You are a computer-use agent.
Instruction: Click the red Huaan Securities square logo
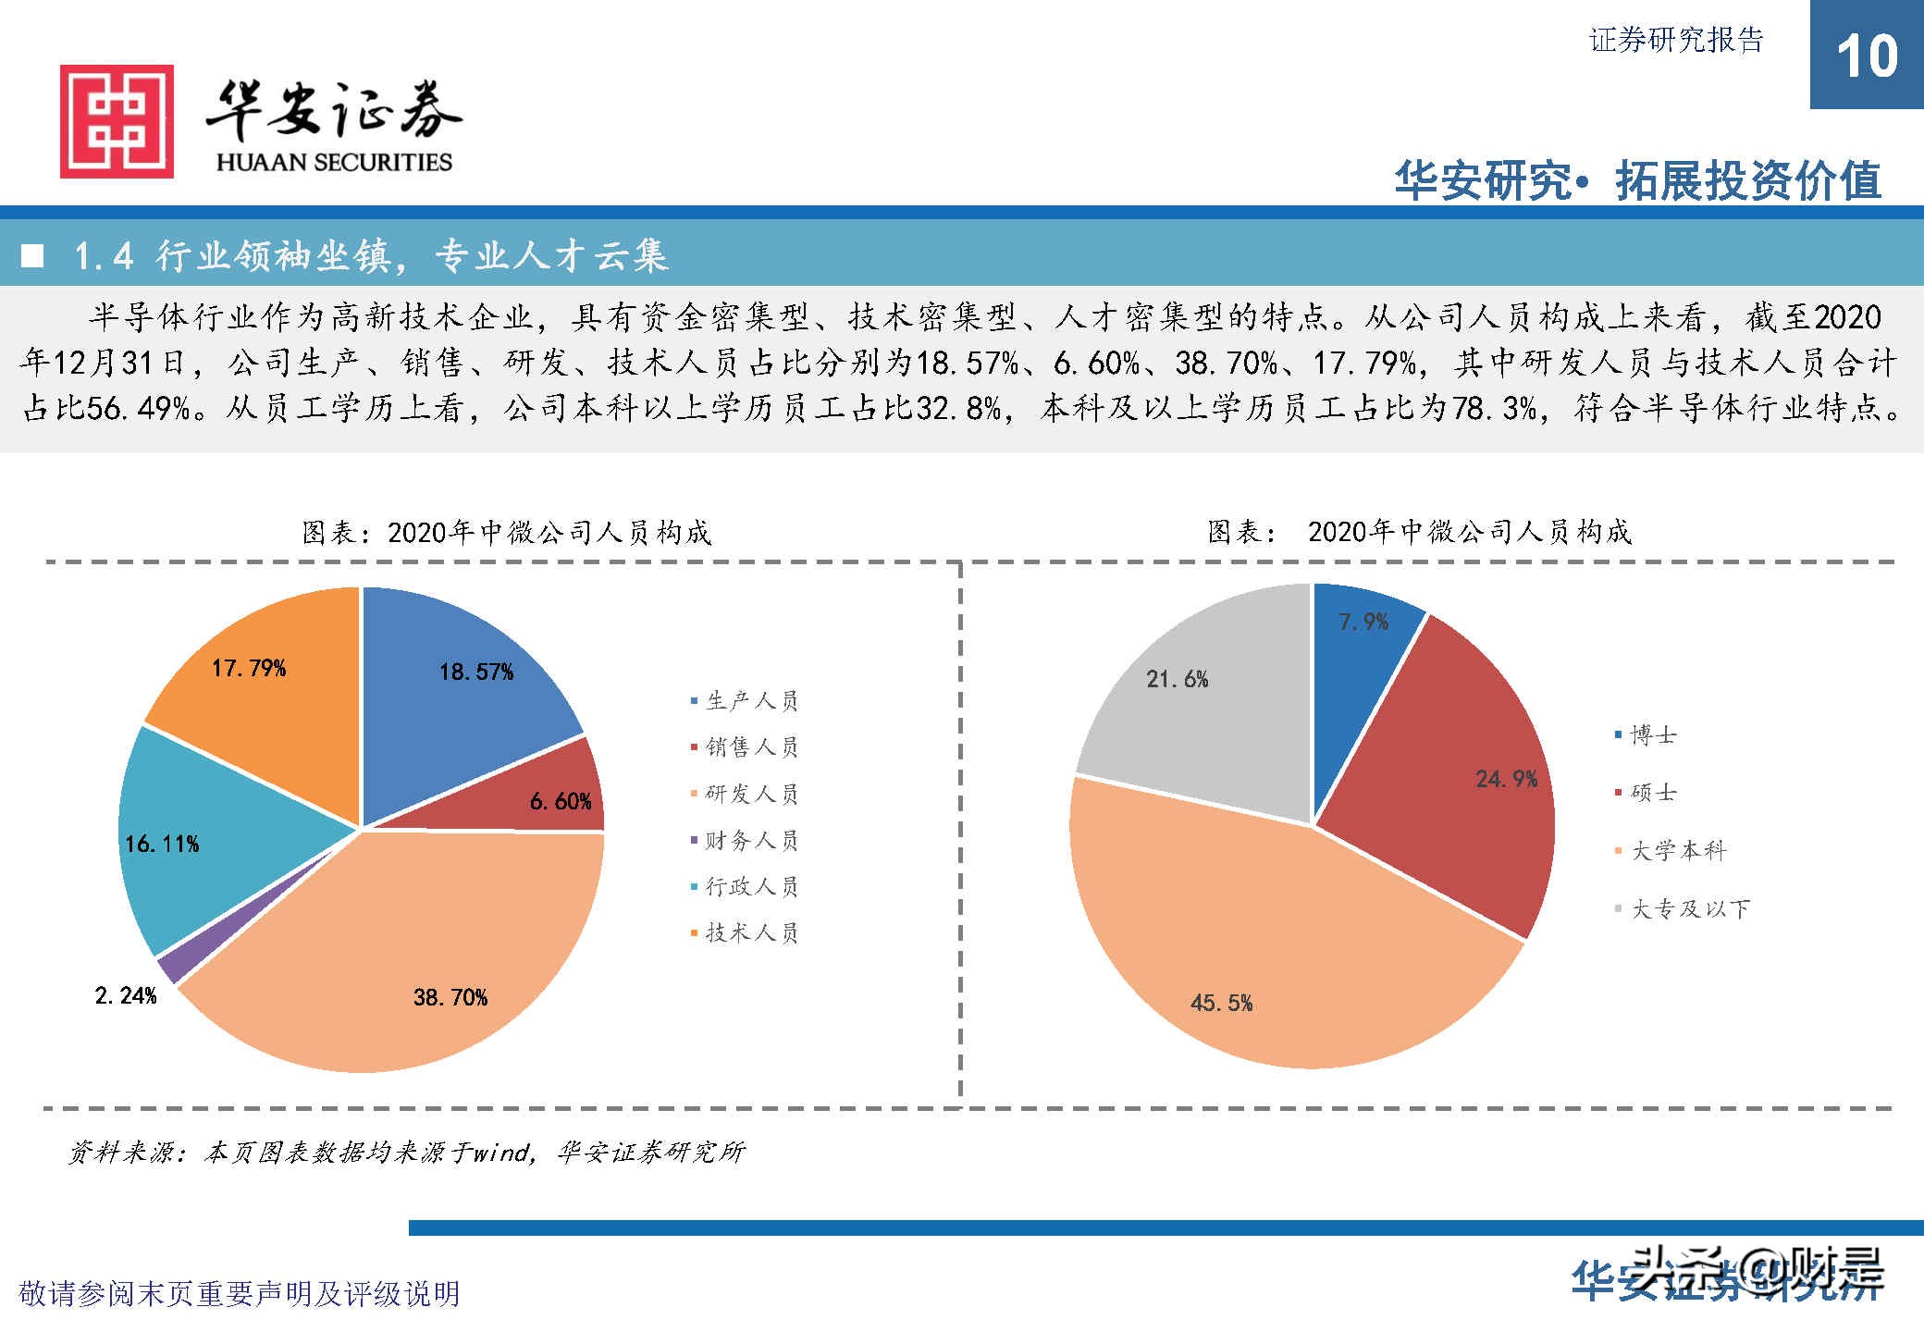(117, 121)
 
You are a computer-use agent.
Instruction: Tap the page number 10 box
(1866, 55)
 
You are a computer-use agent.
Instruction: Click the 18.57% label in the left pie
(475, 672)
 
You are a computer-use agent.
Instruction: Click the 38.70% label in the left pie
(450, 997)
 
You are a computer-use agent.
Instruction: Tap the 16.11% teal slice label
(162, 844)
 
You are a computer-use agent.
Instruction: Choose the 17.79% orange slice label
(248, 668)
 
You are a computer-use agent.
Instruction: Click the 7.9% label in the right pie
(1363, 622)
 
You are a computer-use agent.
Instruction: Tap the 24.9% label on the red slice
(1506, 779)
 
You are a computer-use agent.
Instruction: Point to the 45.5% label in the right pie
(1221, 1003)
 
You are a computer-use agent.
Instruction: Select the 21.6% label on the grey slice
(1177, 679)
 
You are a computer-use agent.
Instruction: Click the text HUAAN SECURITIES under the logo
(334, 162)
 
